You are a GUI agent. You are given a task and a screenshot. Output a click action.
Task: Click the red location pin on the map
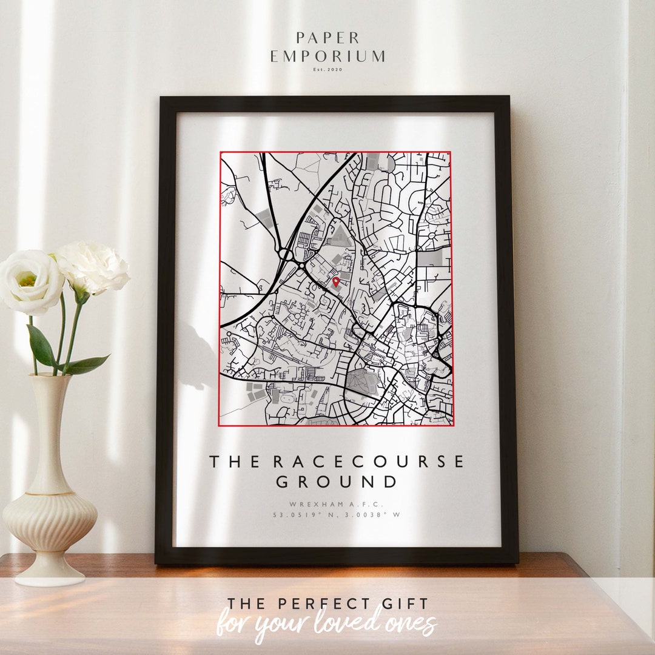pyautogui.click(x=336, y=281)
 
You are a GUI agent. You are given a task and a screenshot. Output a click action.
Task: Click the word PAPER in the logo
pyautogui.click(x=327, y=38)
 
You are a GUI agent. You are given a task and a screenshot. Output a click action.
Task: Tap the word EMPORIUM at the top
pyautogui.click(x=327, y=56)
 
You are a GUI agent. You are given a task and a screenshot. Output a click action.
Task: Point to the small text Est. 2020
pyautogui.click(x=327, y=70)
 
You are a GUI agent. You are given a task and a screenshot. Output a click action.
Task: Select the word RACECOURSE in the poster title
pyautogui.click(x=369, y=462)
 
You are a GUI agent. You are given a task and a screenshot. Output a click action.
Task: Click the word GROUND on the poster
pyautogui.click(x=337, y=482)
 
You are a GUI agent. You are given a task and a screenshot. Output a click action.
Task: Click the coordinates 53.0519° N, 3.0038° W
pyautogui.click(x=337, y=515)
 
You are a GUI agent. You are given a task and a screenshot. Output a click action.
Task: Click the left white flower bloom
pyautogui.click(x=30, y=282)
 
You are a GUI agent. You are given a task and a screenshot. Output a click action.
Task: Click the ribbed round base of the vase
pyautogui.click(x=50, y=522)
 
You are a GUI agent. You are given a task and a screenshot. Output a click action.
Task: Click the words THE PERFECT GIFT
pyautogui.click(x=327, y=603)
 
